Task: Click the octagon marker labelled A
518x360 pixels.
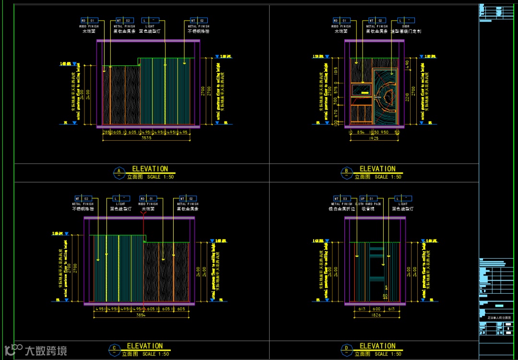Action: click(118, 172)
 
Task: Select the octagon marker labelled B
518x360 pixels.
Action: click(346, 172)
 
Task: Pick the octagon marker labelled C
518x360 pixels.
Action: click(114, 349)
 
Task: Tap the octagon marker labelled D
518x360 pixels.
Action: click(346, 349)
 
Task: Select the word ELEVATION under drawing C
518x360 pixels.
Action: click(145, 346)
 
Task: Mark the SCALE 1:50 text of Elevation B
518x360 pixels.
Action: click(388, 177)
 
